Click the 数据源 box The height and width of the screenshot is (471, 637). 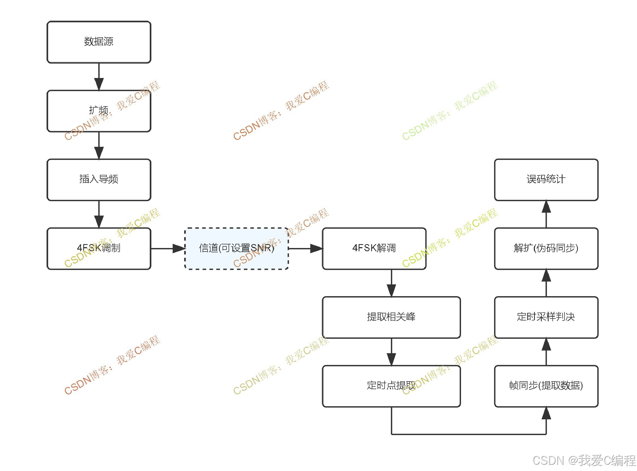click(99, 42)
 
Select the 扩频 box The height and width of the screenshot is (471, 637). click(99, 111)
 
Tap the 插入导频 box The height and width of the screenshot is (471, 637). click(99, 180)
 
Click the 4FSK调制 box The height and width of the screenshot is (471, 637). click(99, 248)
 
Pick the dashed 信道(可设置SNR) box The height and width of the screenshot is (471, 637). click(237, 248)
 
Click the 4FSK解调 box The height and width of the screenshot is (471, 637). click(374, 248)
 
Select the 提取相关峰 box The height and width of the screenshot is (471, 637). click(391, 317)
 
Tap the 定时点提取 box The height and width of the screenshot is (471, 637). click(391, 386)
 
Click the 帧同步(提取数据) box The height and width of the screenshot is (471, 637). click(546, 386)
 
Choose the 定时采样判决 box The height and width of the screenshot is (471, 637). click(546, 317)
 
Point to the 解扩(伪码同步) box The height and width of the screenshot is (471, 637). click(546, 248)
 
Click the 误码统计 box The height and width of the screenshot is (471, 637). click(546, 180)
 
